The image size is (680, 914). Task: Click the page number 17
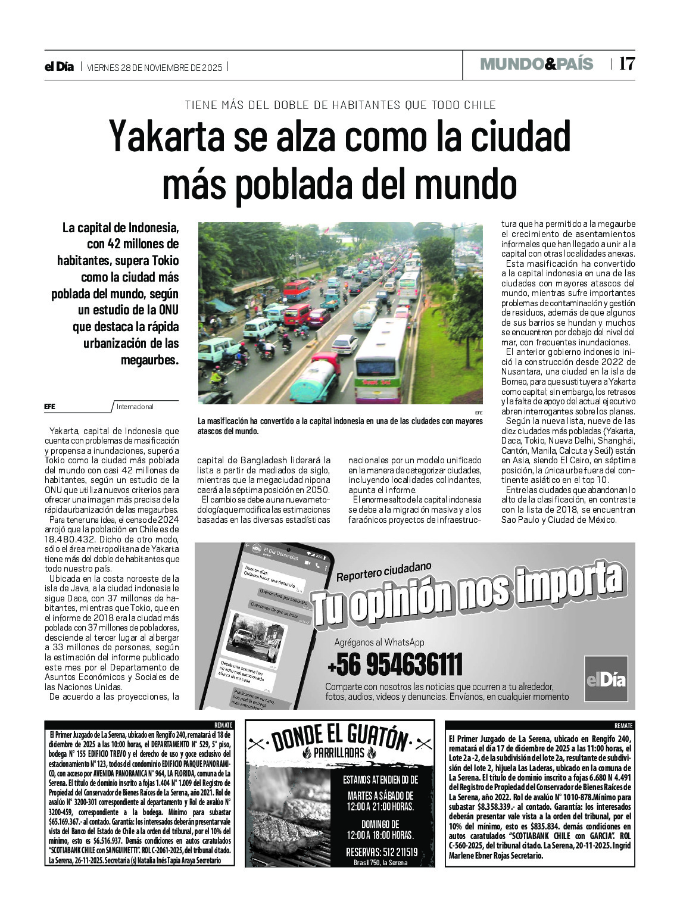[627, 64]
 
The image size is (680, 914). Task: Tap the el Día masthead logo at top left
[59, 67]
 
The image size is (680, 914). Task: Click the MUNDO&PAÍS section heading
[536, 64]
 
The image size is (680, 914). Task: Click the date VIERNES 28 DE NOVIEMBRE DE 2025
[154, 67]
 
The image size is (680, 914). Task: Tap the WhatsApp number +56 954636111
[394, 665]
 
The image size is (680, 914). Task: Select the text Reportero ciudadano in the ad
[383, 572]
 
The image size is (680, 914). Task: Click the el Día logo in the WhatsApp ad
[606, 679]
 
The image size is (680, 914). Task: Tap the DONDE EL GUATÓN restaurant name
[339, 738]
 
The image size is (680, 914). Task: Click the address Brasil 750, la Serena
[380, 862]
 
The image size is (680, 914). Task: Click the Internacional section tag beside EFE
[135, 407]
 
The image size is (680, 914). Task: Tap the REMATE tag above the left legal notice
[223, 725]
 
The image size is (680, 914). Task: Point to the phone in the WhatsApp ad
[274, 625]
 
